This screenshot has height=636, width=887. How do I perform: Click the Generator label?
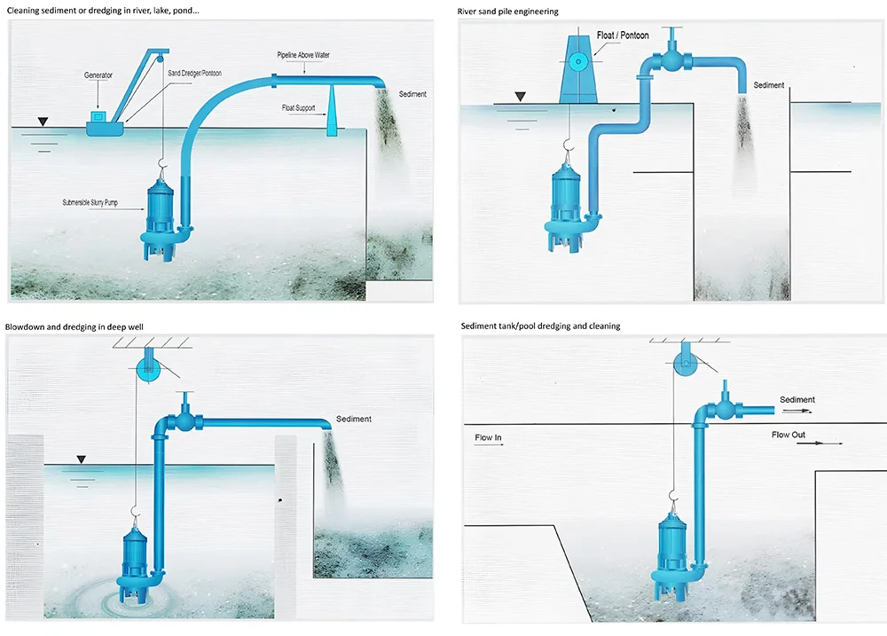tap(98, 75)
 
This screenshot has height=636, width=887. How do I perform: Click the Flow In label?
tap(488, 437)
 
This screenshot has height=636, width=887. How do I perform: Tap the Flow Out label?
tap(788, 435)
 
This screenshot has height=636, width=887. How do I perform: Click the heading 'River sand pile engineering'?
tap(508, 12)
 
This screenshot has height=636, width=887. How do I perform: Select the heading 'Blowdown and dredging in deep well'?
tap(75, 326)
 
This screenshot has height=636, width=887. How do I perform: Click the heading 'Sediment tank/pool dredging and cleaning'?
tap(540, 326)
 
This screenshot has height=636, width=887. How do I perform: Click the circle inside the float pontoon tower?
tap(580, 62)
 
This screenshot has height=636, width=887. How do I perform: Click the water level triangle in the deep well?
tap(82, 459)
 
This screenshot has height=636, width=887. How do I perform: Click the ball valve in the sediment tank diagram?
tap(727, 411)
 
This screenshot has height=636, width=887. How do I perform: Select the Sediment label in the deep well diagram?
tap(353, 419)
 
